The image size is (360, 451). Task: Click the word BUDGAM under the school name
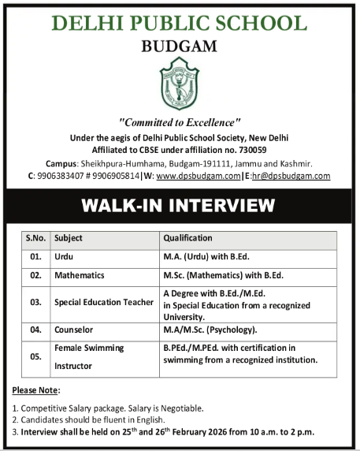coord(180,47)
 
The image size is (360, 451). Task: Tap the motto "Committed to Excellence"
coord(180,122)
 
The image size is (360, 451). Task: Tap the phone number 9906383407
coord(60,176)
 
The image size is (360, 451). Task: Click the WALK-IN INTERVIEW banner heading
coord(180,207)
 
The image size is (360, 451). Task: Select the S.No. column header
coord(35,237)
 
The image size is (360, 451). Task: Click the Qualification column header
coord(187,237)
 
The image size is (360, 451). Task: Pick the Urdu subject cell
coord(63,257)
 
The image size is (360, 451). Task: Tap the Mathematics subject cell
coord(79,277)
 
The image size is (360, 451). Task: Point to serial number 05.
coord(35,356)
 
